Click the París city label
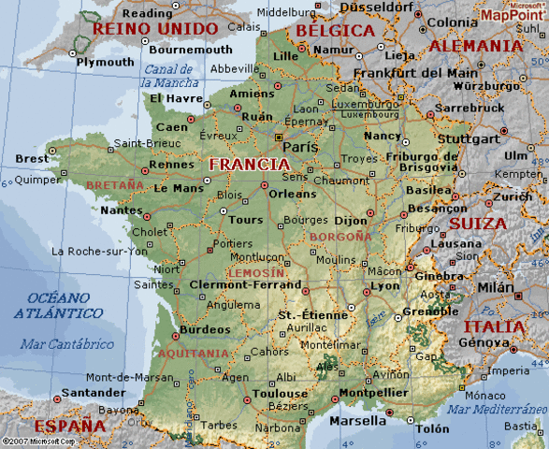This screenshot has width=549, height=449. [299, 147]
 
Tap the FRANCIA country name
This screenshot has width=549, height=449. [249, 164]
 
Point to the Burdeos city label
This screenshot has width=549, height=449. [204, 329]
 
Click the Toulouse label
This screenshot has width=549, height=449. [280, 394]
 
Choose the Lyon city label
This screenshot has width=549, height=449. [384, 285]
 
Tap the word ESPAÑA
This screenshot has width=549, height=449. [51, 426]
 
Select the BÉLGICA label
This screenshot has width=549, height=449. [335, 30]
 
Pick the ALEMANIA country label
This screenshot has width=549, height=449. [476, 45]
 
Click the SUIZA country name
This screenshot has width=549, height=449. [478, 224]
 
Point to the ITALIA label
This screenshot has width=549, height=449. [494, 326]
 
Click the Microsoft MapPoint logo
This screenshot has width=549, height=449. [513, 12]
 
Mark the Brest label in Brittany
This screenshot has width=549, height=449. [33, 159]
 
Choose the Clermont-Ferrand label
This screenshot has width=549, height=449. [245, 284]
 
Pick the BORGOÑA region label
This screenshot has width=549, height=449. [340, 237]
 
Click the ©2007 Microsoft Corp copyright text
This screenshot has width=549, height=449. [37, 442]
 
